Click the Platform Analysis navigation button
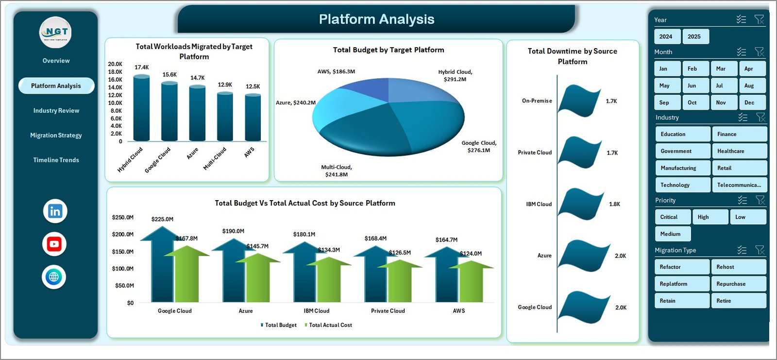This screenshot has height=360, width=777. click(56, 86)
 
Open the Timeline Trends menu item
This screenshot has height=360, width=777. click(56, 160)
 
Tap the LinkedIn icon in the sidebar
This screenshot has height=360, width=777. click(55, 211)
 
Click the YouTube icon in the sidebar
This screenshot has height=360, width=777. click(54, 244)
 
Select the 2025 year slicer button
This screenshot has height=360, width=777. click(694, 36)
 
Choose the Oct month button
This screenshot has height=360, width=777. click(695, 103)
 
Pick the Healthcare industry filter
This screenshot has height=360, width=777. click(739, 151)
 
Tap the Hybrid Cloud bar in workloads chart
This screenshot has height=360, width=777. click(141, 109)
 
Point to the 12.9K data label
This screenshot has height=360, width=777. click(225, 85)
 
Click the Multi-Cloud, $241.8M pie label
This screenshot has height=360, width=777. click(337, 171)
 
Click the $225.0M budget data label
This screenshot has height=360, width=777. click(162, 219)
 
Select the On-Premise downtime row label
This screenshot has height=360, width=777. click(537, 101)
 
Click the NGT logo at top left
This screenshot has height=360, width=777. click(56, 33)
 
